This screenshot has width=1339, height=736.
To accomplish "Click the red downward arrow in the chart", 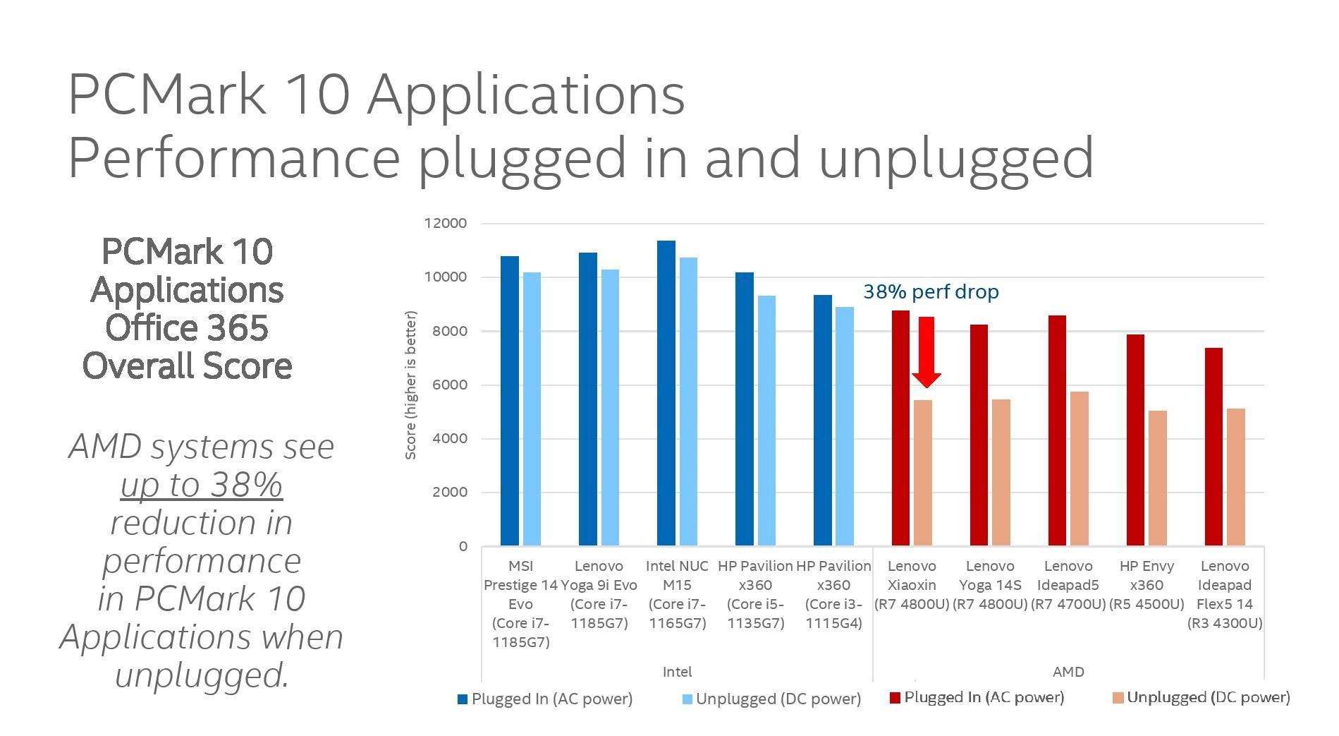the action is [926, 351].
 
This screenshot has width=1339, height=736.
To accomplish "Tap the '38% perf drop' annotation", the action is [931, 292].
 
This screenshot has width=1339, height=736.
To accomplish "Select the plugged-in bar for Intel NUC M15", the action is [666, 393].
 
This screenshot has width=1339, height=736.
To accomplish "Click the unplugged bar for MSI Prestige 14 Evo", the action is [532, 409].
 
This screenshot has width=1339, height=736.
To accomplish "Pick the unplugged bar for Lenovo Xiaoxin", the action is [923, 473].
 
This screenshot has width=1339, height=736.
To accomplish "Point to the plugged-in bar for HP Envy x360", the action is [1135, 440].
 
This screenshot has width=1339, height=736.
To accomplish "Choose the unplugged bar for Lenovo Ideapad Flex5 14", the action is [1236, 477].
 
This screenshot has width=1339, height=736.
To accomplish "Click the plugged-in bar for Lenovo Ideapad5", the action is [1057, 430].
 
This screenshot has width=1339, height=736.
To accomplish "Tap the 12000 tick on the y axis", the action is [446, 223].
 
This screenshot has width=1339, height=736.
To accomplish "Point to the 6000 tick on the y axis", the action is [449, 385].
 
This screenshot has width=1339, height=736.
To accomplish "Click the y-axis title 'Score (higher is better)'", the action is [410, 385].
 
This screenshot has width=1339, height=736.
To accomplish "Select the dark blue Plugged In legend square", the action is [463, 699].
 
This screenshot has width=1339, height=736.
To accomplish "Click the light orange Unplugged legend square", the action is [1118, 698].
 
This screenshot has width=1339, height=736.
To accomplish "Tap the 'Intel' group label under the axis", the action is [677, 672].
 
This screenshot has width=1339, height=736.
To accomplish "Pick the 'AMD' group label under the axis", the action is [1068, 672].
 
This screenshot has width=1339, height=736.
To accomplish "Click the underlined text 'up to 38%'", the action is [202, 485].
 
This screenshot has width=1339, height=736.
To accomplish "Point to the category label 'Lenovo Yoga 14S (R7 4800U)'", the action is [990, 585].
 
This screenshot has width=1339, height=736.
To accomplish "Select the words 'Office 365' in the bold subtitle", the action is [187, 328].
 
